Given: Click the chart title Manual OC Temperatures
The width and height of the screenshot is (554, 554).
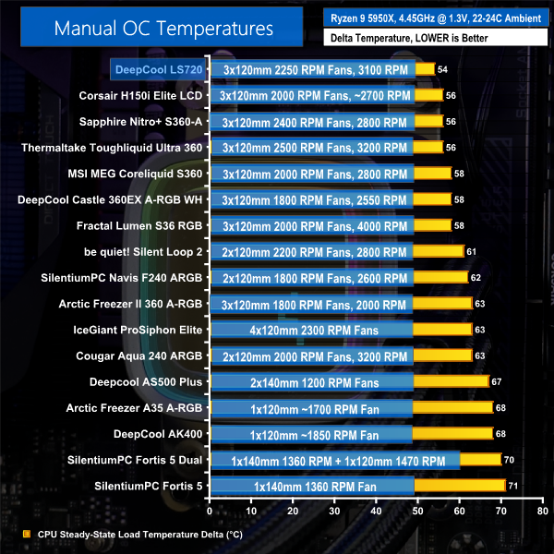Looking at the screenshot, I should click(163, 27).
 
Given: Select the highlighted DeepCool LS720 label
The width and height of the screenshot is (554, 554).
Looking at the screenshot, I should click(155, 69).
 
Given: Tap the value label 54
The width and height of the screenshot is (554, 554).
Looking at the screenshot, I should click(443, 69).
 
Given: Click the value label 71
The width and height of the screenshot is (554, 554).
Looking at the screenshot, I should click(514, 486).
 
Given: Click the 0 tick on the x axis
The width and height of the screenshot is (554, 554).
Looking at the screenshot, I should click(211, 509).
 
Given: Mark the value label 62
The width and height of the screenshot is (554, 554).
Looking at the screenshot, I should click(476, 277).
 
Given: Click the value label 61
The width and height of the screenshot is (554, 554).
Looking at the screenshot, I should click(472, 251).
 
